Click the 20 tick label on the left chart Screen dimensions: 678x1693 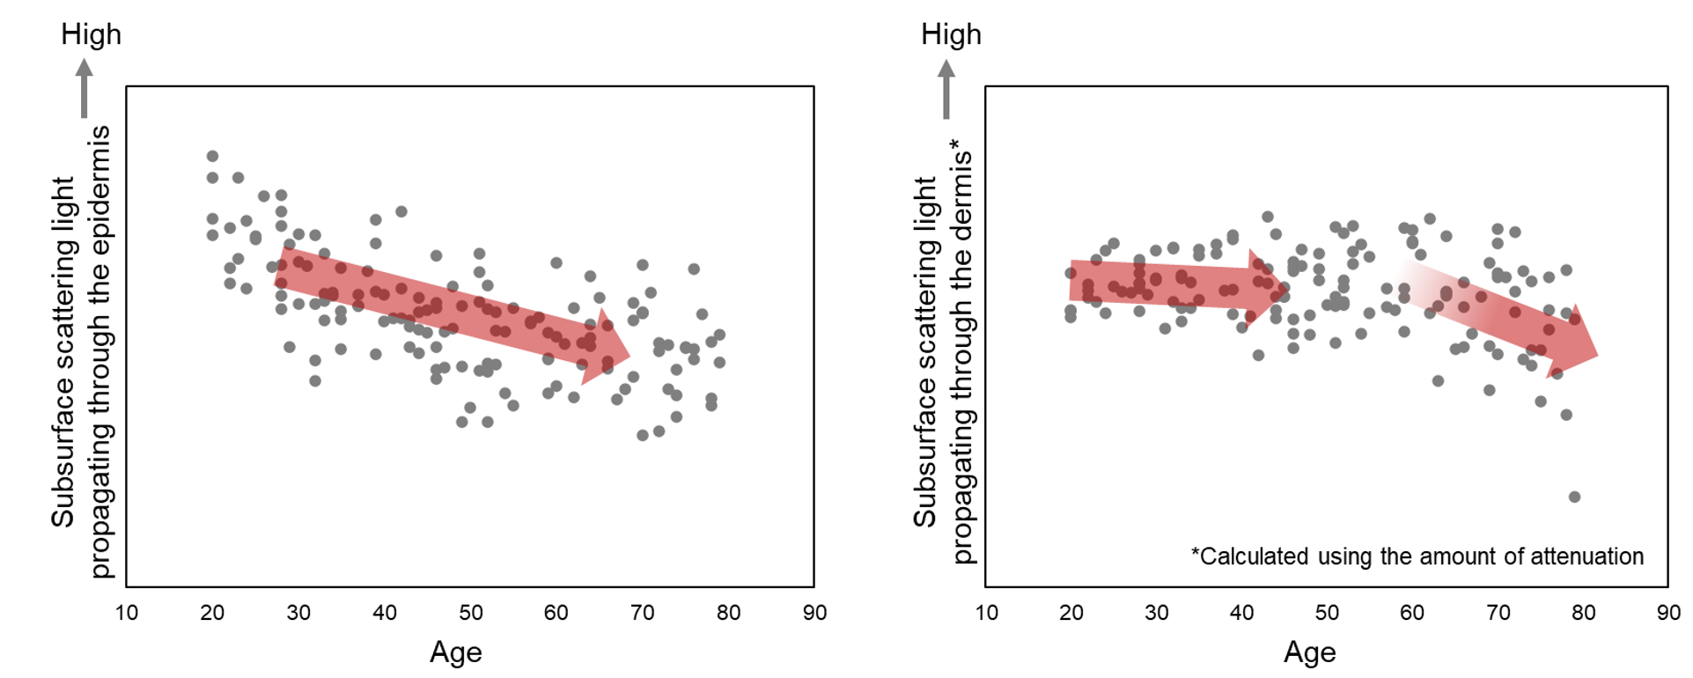click(x=212, y=613)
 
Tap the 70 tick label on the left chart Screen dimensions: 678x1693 click(x=642, y=613)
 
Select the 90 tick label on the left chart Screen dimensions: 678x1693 click(x=814, y=613)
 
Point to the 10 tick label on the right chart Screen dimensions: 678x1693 click(x=986, y=613)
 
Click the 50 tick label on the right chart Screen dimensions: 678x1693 click(x=1327, y=613)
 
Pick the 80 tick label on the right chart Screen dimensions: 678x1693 click(x=1583, y=613)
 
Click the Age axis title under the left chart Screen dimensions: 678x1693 click(x=455, y=652)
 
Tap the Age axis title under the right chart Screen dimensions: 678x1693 click(x=1309, y=652)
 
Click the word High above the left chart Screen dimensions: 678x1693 click(x=91, y=34)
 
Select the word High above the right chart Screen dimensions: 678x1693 click(x=951, y=34)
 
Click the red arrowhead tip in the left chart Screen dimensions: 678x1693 click(x=629, y=355)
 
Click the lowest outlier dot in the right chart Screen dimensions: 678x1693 click(x=1574, y=497)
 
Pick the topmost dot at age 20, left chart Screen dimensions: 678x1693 click(x=212, y=157)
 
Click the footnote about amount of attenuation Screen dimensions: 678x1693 click(x=1417, y=556)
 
